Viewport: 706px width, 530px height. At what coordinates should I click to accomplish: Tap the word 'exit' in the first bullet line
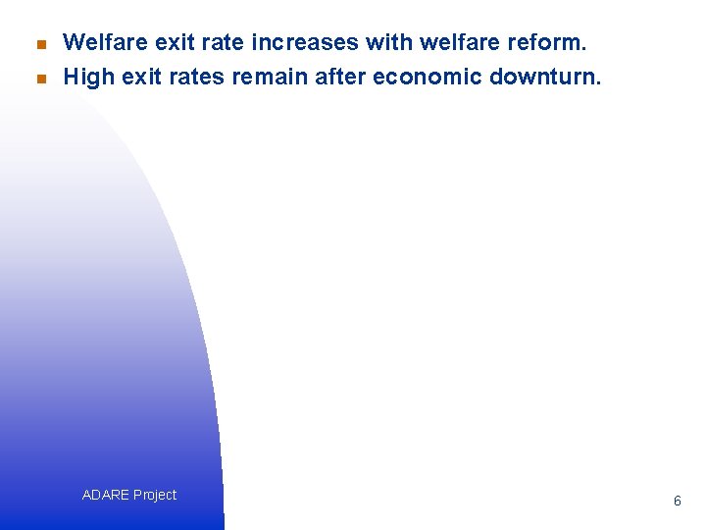(168, 42)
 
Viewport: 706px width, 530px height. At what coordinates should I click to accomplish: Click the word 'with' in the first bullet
(384, 42)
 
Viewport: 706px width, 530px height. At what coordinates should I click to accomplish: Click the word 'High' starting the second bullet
(88, 77)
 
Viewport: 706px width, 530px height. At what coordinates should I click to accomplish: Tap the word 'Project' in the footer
(155, 495)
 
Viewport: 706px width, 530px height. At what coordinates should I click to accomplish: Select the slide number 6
(677, 501)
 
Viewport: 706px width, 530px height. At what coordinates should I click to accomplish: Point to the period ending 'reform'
(583, 49)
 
